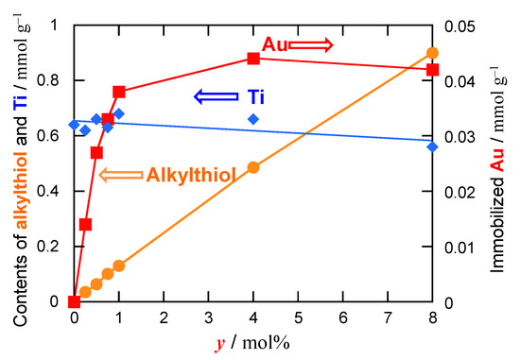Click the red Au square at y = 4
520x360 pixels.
point(253,59)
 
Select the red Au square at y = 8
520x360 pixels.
point(432,69)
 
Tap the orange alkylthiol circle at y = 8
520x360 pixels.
point(432,53)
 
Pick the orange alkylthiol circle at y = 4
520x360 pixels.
point(253,167)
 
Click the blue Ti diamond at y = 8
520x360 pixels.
point(432,146)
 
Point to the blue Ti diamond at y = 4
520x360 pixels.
point(253,119)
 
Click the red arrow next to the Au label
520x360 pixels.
point(310,43)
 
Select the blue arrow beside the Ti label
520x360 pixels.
point(215,96)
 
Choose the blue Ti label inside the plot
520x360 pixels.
point(255,96)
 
